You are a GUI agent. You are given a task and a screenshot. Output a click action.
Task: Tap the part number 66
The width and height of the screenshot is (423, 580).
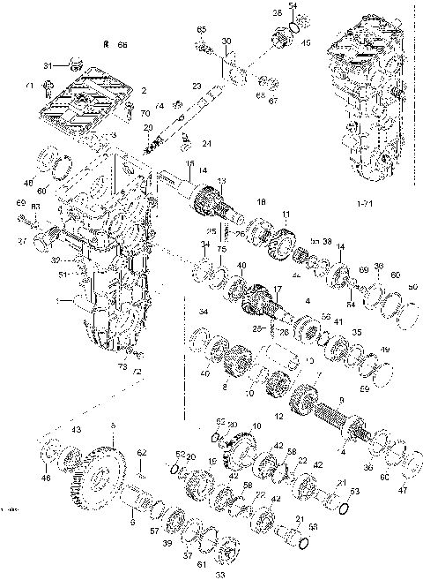click(122, 43)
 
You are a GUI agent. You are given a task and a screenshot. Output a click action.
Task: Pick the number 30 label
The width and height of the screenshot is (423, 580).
click(226, 42)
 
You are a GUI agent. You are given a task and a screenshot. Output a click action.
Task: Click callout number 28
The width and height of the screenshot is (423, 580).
click(277, 13)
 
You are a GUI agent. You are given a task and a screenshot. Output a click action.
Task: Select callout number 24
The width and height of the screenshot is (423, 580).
click(206, 144)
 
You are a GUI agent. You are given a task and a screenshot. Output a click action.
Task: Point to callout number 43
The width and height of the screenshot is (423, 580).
click(77, 429)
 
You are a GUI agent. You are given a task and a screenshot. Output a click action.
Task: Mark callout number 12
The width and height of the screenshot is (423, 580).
click(280, 416)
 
